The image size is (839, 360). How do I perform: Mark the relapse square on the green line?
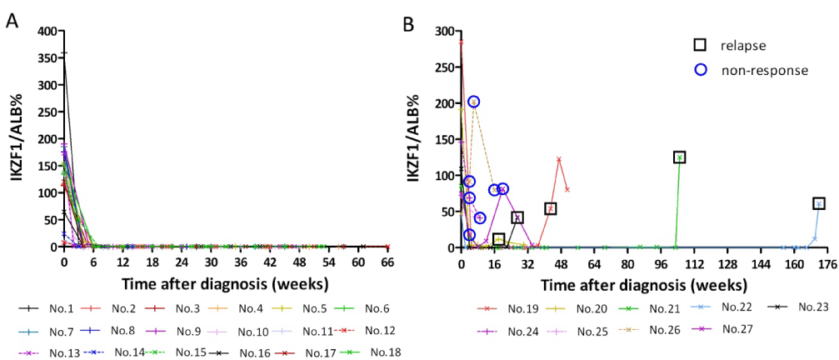coord(680,157)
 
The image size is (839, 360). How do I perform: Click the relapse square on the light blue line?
coord(819,203)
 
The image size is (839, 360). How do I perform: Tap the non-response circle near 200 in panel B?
coord(473,102)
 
